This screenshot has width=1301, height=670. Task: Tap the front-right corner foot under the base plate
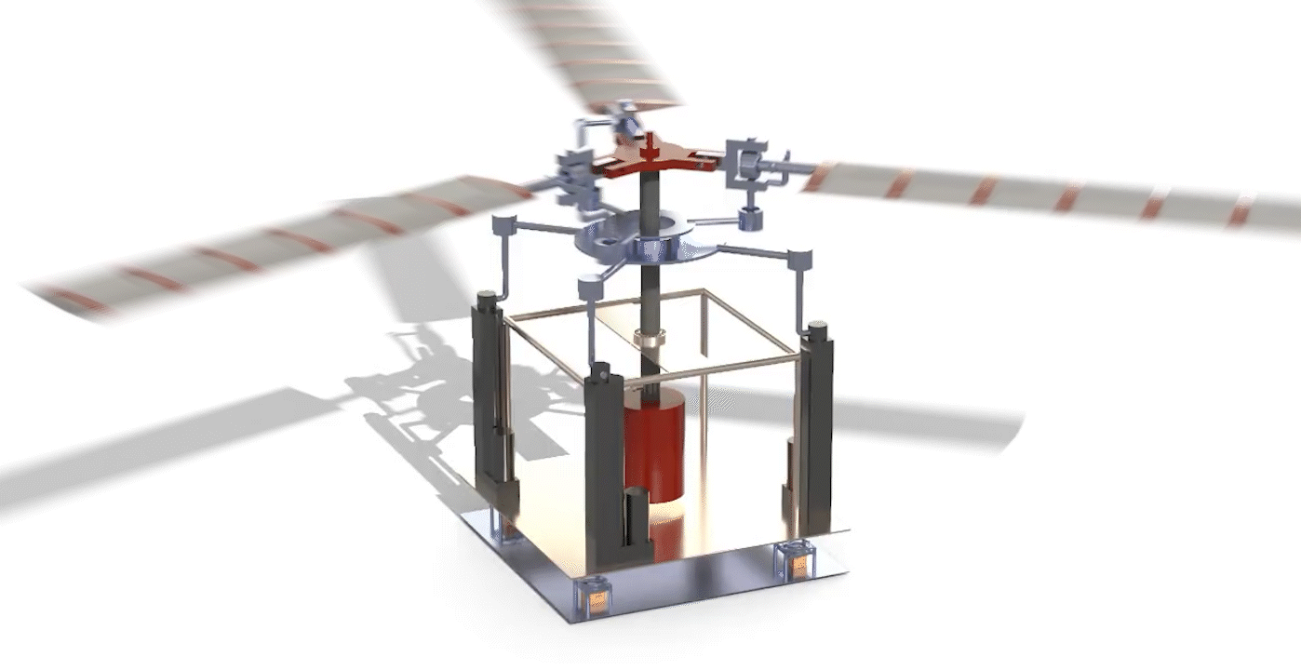[798, 561]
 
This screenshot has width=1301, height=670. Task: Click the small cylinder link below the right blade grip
[750, 219]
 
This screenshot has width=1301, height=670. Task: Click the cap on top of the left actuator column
[485, 301]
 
